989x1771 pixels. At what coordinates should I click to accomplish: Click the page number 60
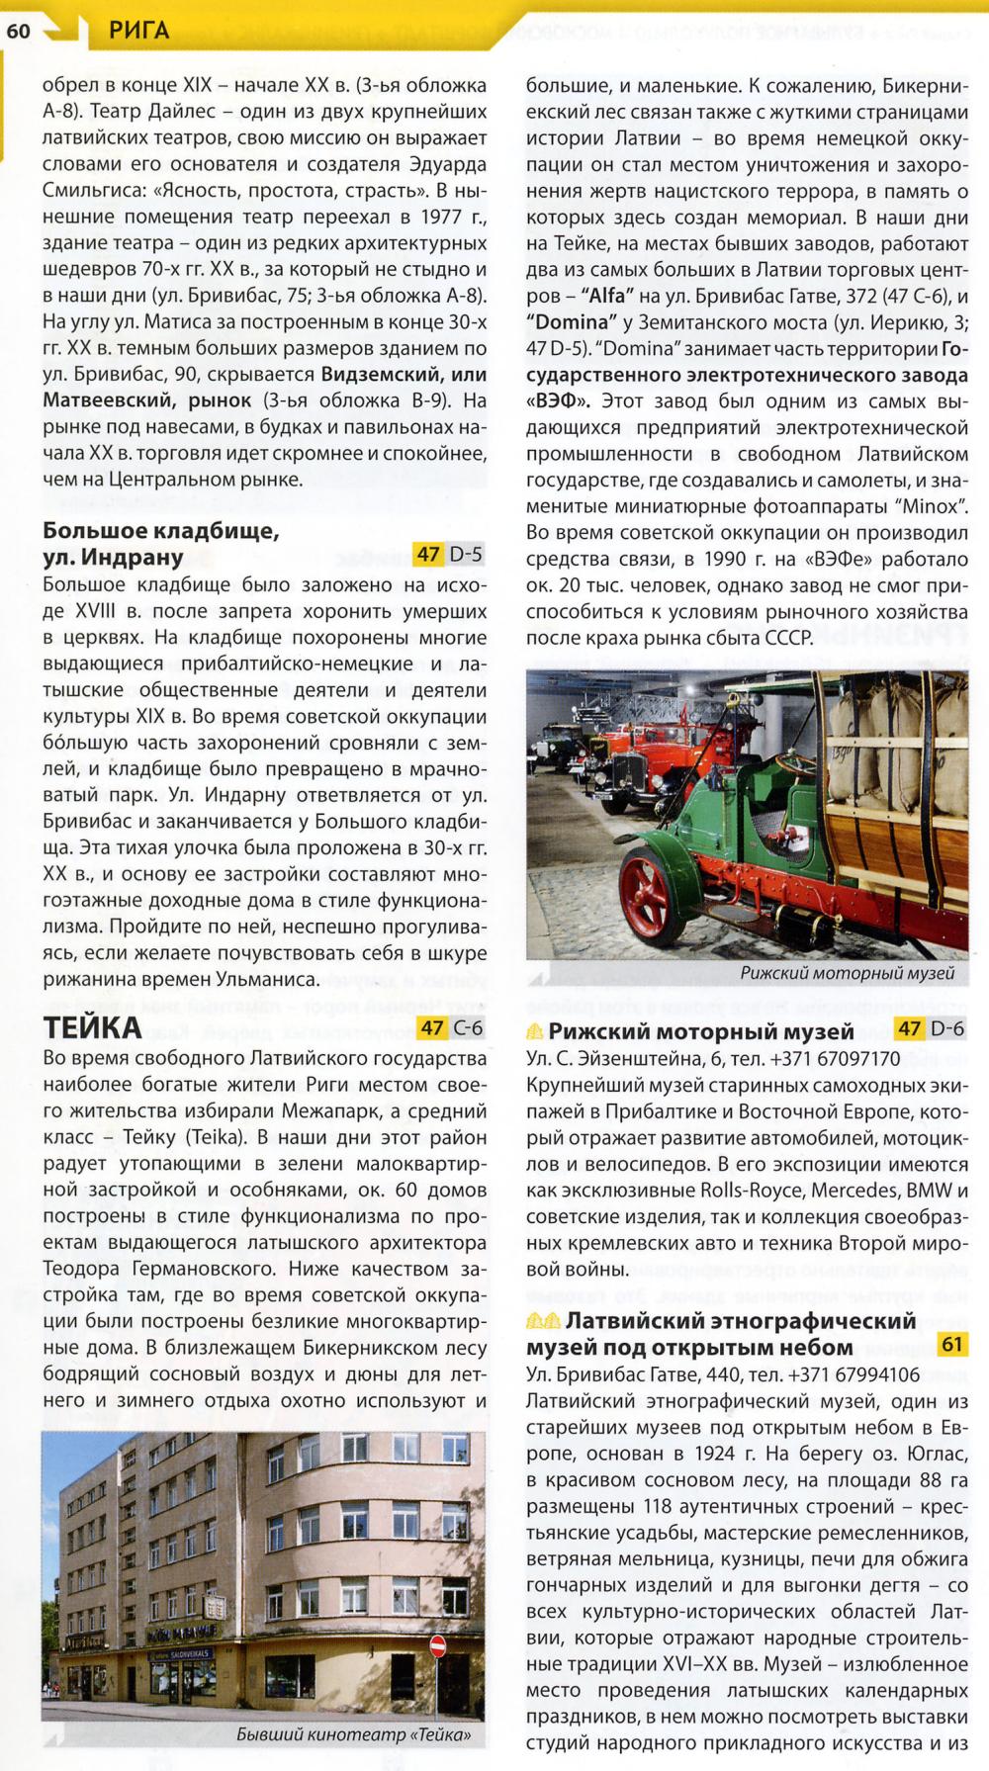click(18, 31)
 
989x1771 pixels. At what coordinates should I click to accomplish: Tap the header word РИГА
click(140, 31)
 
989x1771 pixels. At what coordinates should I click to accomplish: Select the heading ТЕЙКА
click(92, 1028)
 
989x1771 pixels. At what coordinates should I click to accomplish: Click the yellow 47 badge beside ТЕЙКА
click(432, 1027)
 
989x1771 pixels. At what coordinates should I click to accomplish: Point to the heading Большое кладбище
click(161, 531)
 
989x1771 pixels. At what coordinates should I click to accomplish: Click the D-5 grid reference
click(466, 554)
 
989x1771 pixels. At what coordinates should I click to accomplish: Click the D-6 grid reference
click(946, 1028)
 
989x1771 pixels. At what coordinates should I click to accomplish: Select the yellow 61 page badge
click(952, 1344)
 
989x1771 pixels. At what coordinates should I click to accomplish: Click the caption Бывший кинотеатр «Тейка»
click(354, 1734)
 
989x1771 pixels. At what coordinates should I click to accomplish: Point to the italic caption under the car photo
click(847, 974)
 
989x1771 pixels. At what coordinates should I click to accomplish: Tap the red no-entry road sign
click(438, 1645)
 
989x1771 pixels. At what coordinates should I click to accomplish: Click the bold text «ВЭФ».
click(558, 400)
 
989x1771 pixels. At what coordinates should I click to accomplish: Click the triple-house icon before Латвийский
click(543, 1321)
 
